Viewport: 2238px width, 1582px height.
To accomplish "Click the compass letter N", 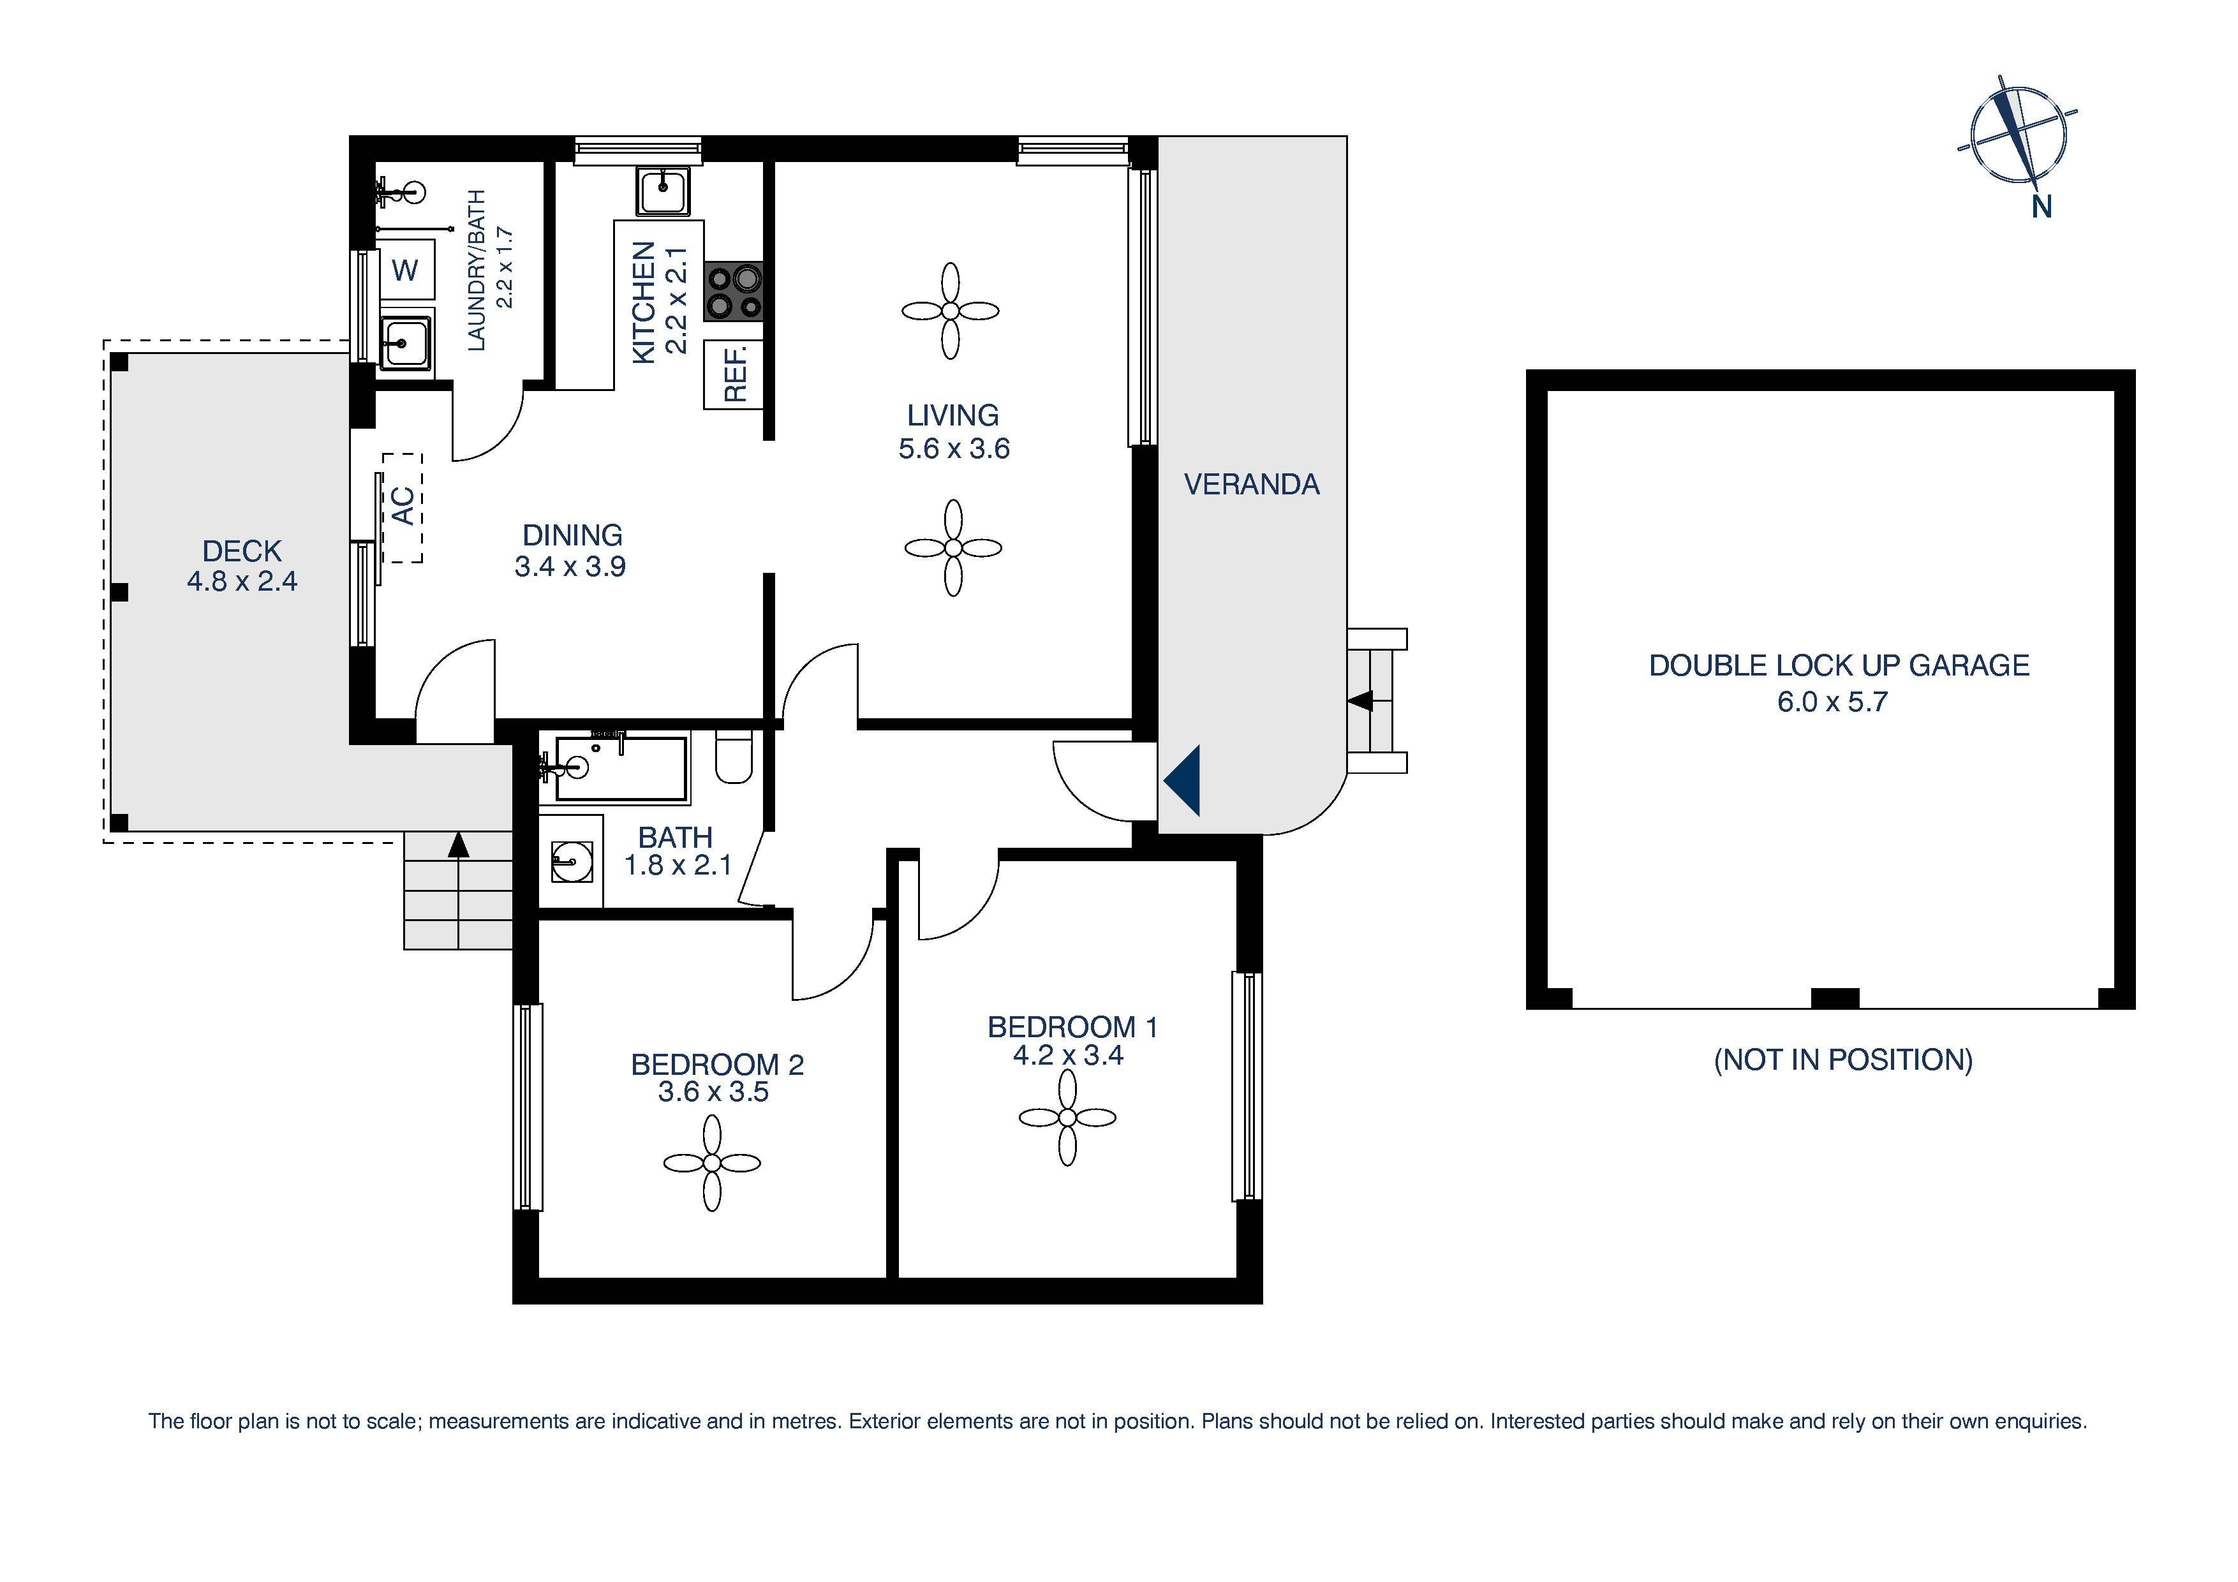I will pos(2041,207).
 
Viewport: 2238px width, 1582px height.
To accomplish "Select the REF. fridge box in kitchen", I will pos(733,375).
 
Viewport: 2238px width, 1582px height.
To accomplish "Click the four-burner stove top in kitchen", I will pos(734,292).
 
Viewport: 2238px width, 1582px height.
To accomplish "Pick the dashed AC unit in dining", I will pos(403,508).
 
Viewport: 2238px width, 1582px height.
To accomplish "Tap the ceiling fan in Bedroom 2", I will pos(711,1163).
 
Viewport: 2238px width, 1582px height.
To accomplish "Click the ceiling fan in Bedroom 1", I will pos(1067,1117).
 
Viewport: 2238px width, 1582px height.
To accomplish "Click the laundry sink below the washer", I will pos(404,343).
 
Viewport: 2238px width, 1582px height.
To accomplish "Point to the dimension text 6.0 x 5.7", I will pos(1832,702).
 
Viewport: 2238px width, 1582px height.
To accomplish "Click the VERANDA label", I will pos(1252,484).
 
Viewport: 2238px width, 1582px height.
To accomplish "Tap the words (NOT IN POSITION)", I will pos(1842,1060).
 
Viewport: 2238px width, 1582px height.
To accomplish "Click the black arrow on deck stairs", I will pos(457,844).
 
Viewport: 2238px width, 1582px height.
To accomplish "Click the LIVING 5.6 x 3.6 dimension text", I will pos(953,448).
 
